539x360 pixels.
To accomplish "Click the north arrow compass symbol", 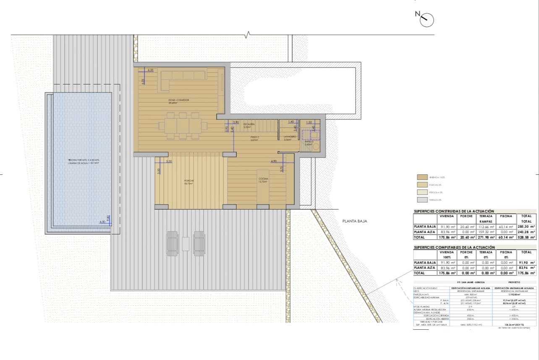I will click(427, 19).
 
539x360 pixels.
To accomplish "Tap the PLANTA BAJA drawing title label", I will click(355, 221).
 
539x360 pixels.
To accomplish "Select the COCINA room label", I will click(264, 179).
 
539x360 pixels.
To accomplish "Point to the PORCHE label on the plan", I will click(189, 181).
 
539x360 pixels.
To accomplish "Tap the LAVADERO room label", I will click(290, 137).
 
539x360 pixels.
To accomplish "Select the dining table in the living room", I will click(183, 126).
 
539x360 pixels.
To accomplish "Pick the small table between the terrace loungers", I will click(186, 244).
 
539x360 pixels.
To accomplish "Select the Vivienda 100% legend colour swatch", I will click(422, 178).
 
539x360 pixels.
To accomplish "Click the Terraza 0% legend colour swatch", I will click(422, 200).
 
